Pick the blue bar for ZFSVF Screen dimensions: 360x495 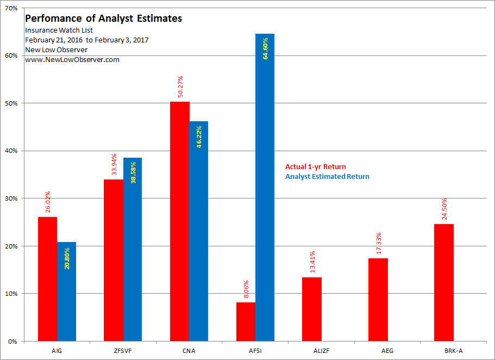(x=132, y=250)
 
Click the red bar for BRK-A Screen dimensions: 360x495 (x=444, y=283)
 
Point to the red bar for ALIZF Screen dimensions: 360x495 (x=312, y=309)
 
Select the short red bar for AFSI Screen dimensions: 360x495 (x=246, y=321)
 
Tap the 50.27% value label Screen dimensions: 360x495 (x=180, y=86)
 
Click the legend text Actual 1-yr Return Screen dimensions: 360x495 (x=315, y=167)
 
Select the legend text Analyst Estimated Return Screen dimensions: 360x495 (x=327, y=176)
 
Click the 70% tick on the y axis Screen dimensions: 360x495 (x=11, y=8)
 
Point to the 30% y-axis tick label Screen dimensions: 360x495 (x=11, y=198)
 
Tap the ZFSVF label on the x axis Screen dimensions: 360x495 (x=123, y=351)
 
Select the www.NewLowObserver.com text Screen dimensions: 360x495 (x=72, y=59)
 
